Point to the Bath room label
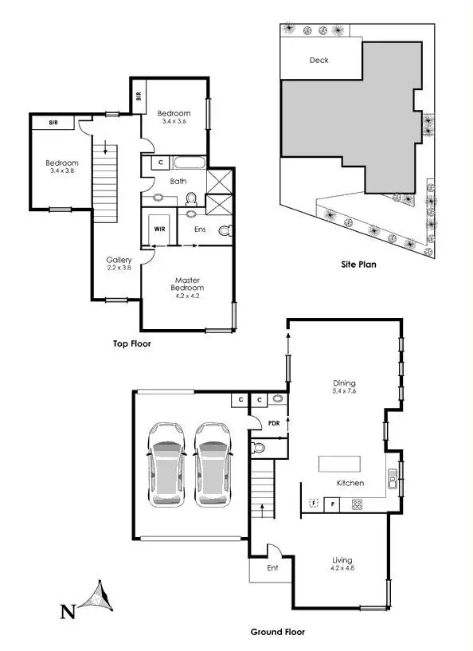pos(178,181)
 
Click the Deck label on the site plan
pos(319,60)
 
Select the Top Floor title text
pos(132,344)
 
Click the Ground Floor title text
pos(277,632)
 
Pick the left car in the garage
pos(167,464)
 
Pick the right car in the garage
pos(213,464)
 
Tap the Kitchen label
pos(350,484)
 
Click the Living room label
pos(342,560)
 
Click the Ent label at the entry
pos(273,568)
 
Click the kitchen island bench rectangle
pos(339,464)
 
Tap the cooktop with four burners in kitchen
pos(357,504)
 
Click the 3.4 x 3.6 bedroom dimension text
pos(173,121)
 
